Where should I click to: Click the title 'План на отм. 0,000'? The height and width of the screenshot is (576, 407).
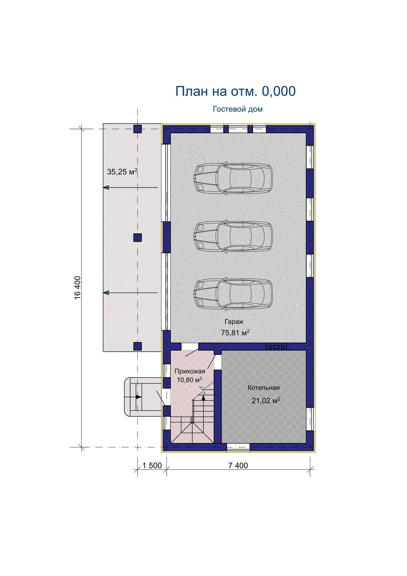(236, 91)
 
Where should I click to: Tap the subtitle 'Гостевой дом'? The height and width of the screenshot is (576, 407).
(238, 109)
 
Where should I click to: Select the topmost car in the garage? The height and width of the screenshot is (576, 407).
(233, 179)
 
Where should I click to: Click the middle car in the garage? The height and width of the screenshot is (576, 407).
(233, 237)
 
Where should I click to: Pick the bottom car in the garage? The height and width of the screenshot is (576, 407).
(233, 294)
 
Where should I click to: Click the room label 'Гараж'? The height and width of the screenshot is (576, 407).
(234, 322)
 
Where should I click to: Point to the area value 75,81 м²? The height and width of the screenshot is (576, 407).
(235, 333)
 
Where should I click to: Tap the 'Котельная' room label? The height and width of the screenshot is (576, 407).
(264, 388)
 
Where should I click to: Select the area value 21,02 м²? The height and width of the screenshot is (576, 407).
(266, 401)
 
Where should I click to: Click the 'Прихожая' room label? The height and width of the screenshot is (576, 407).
(189, 371)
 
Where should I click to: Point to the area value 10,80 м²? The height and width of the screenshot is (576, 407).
(189, 380)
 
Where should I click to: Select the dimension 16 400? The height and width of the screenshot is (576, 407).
(77, 288)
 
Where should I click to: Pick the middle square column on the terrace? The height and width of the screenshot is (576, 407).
(137, 238)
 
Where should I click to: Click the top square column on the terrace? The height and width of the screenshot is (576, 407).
(137, 129)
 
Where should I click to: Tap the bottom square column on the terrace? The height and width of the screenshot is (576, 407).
(137, 346)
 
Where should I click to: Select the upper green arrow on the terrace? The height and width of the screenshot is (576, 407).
(130, 187)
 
